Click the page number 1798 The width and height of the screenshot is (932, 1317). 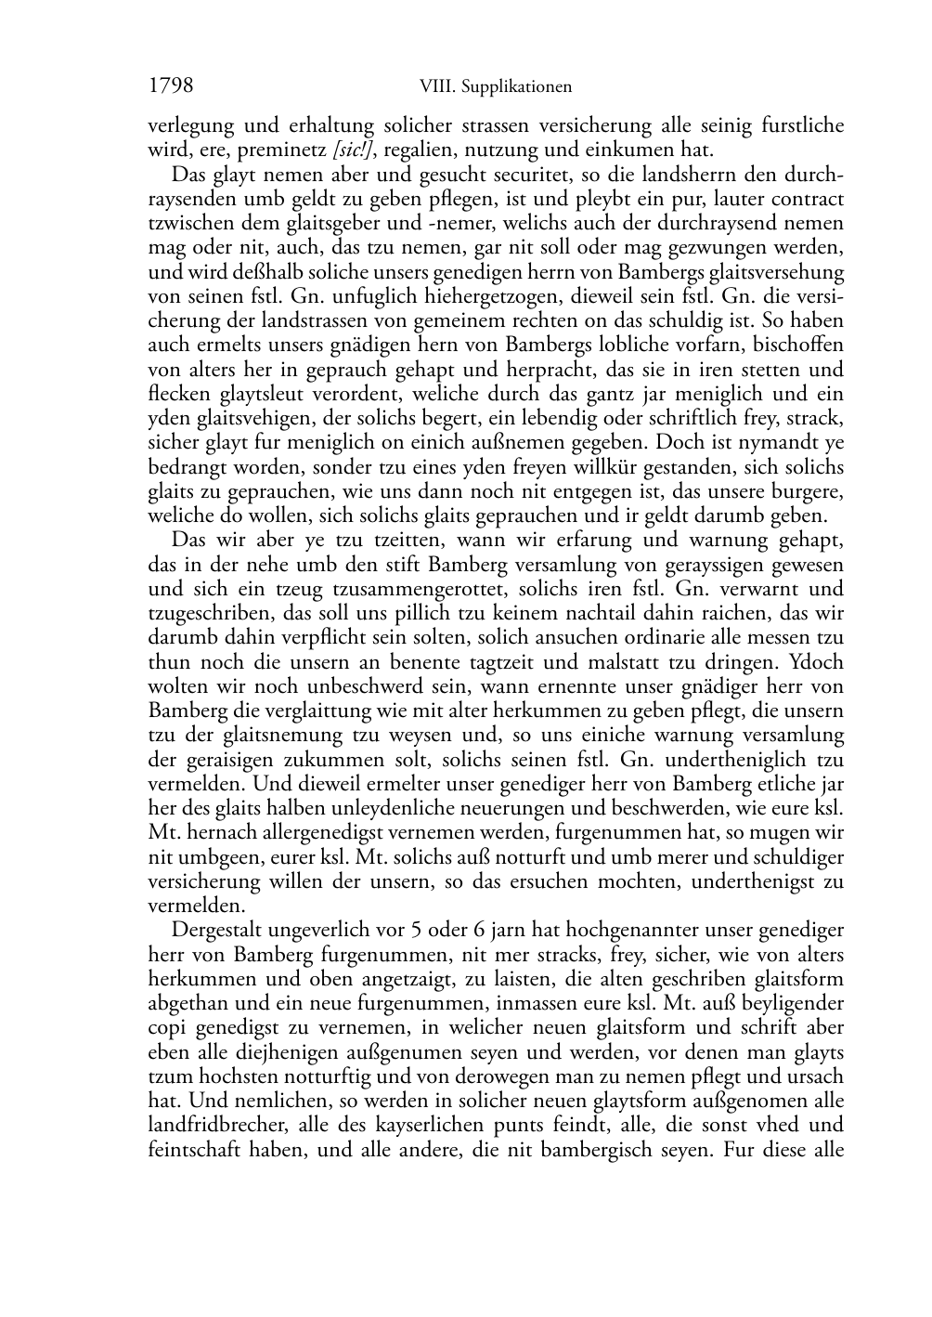171,86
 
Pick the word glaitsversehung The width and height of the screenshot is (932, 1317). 775,272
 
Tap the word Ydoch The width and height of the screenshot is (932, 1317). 816,662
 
